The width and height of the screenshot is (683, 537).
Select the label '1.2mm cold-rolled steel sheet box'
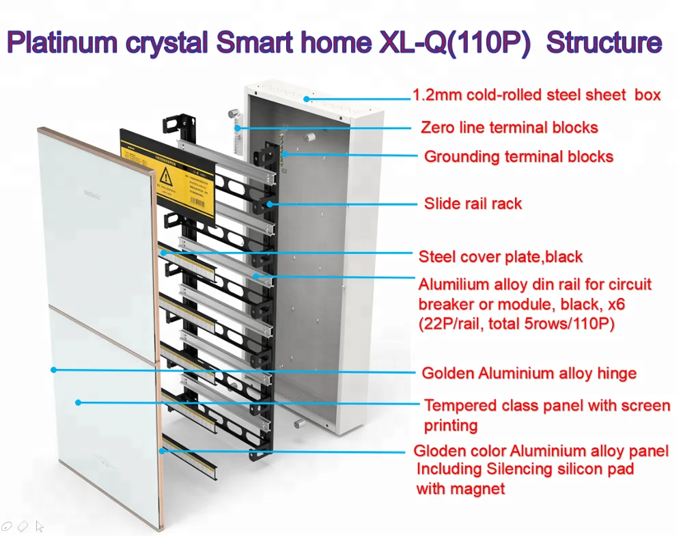[x=537, y=95]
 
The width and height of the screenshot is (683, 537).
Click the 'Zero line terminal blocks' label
[x=509, y=128]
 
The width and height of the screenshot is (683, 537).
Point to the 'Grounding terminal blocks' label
[x=518, y=157]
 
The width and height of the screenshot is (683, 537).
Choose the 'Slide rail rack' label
[x=473, y=204]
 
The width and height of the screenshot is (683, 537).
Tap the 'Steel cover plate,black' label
[x=500, y=258]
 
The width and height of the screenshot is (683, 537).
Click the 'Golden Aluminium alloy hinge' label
[x=529, y=374]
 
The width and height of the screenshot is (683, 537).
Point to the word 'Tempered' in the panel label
[x=455, y=406]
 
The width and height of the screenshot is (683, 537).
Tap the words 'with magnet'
[x=460, y=489]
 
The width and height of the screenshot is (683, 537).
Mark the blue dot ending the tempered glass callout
[x=78, y=402]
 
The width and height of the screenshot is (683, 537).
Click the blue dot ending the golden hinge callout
[x=53, y=370]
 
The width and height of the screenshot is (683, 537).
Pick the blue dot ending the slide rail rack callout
[x=271, y=204]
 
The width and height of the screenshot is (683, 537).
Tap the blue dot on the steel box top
[x=307, y=99]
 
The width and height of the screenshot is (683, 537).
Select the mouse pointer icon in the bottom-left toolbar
[x=40, y=526]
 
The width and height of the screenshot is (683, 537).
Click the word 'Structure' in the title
[x=604, y=42]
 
